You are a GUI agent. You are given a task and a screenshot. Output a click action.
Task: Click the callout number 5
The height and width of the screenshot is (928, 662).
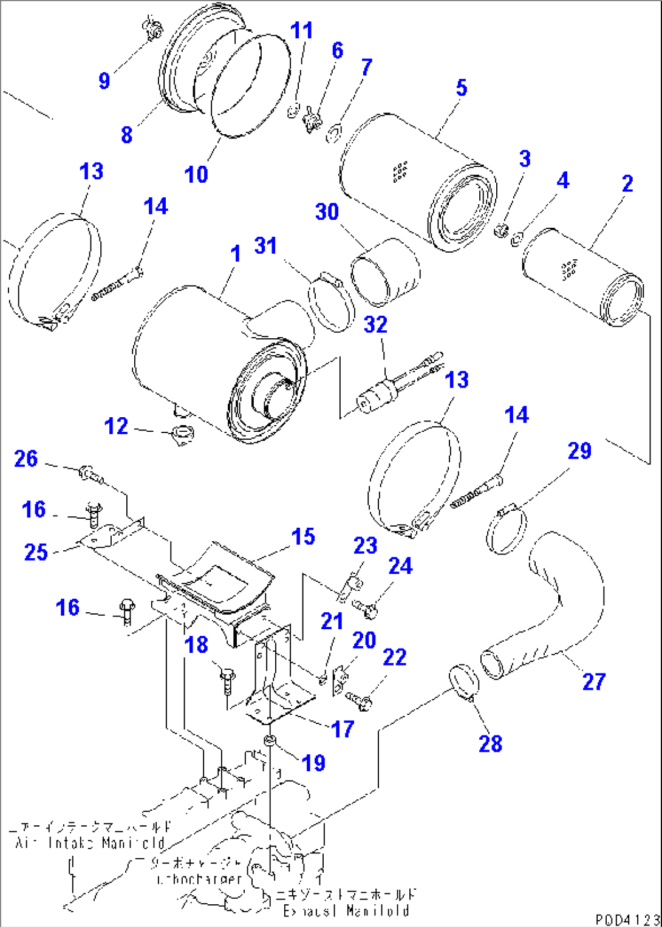coord(461,88)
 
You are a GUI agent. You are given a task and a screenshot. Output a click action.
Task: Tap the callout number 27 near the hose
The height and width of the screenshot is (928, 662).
coord(593,681)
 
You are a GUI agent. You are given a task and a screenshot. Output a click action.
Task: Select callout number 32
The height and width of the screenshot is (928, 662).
coord(375,324)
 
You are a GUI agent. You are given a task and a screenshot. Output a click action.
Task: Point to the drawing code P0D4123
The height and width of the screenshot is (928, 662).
coord(626,919)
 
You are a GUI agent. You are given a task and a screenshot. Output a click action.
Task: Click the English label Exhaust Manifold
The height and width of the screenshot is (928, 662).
coord(346,910)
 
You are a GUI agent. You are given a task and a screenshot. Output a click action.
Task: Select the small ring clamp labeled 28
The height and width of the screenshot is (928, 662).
coord(465,683)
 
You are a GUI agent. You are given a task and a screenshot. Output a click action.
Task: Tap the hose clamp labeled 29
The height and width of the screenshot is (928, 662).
coord(507,530)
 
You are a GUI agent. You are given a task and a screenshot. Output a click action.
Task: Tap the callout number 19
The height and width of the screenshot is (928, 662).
coord(313,763)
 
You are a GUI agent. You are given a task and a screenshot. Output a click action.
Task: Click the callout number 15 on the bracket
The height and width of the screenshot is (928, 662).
coord(302,537)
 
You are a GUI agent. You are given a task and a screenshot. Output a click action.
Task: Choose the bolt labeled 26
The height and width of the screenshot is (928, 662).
coord(89,473)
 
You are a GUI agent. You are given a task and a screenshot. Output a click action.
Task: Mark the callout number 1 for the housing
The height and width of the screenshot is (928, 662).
coord(236,254)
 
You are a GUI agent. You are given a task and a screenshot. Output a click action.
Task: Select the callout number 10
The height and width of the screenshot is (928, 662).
coord(196,174)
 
